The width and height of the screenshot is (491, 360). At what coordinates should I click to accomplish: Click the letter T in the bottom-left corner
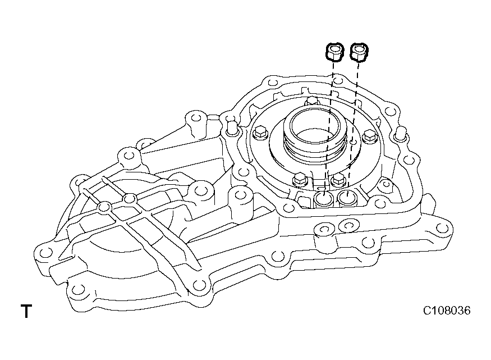pyautogui.click(x=26, y=311)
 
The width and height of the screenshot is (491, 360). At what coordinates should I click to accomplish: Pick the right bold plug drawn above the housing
pyautogui.click(x=358, y=52)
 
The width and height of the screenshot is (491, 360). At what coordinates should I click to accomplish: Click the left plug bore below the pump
pyautogui.click(x=323, y=199)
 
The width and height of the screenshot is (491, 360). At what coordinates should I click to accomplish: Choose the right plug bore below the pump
pyautogui.click(x=347, y=198)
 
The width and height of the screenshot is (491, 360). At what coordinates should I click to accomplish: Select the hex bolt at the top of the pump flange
pyautogui.click(x=312, y=102)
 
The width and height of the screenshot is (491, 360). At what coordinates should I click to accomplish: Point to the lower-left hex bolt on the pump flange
pyautogui.click(x=299, y=180)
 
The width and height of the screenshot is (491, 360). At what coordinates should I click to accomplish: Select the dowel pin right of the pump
pyautogui.click(x=400, y=134)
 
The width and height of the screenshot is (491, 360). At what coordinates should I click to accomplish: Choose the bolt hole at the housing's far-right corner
pyautogui.click(x=446, y=227)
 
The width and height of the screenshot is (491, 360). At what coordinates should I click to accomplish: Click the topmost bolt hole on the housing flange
pyautogui.click(x=273, y=83)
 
